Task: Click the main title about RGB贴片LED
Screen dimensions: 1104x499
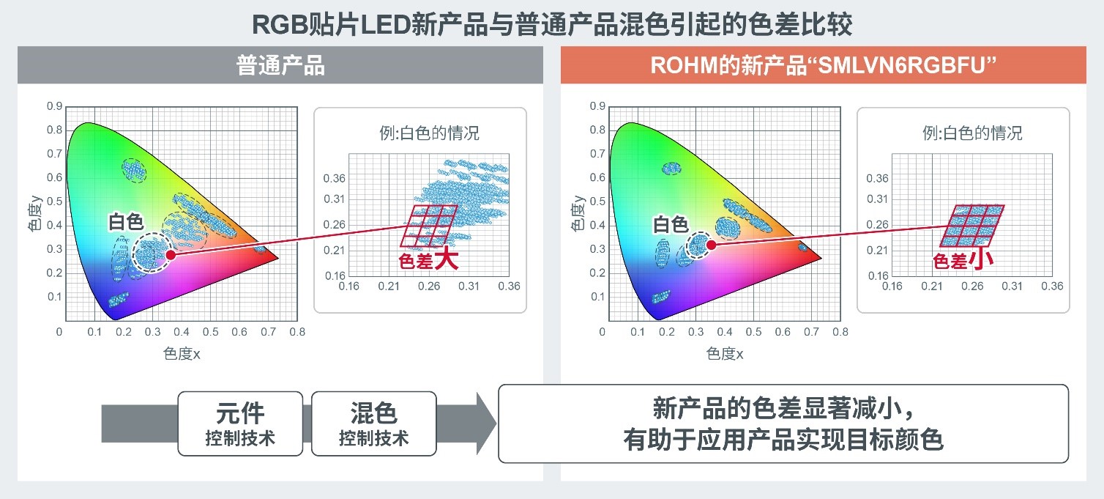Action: coord(552,23)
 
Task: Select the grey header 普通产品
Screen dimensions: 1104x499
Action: coord(280,65)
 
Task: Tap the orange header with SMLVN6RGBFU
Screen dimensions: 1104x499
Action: coord(823,65)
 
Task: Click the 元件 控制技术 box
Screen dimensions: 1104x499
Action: coord(240,424)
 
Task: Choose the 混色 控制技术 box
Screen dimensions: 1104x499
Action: coord(373,424)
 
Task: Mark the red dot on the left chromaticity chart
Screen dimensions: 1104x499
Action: coord(171,255)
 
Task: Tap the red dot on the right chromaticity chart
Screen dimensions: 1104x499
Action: coord(711,245)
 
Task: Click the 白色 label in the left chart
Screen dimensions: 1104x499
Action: coord(126,222)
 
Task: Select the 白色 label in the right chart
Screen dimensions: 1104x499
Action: coord(671,224)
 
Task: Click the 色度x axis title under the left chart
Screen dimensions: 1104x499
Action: coord(182,353)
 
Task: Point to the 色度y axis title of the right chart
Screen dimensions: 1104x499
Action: coord(577,213)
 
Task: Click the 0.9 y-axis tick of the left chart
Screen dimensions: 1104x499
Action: coord(55,106)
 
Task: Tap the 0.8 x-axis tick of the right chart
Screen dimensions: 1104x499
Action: coord(840,332)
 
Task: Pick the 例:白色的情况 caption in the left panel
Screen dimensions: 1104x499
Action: coord(429,133)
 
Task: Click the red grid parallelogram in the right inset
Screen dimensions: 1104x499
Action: coord(972,226)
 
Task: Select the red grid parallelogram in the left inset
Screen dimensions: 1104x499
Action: coord(429,226)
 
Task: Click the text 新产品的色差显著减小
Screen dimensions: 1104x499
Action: coord(778,408)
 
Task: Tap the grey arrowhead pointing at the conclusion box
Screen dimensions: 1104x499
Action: coord(485,424)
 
